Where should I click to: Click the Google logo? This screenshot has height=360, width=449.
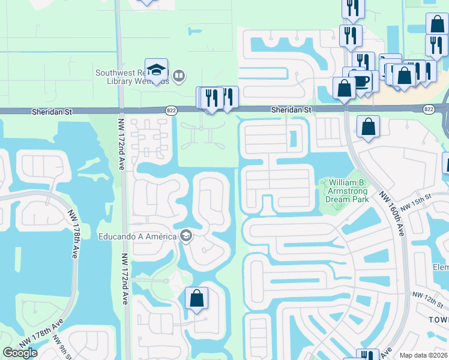tap(20, 353)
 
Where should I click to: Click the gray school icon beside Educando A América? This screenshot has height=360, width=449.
tap(185, 236)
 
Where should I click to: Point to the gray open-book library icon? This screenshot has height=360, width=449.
tap(178, 76)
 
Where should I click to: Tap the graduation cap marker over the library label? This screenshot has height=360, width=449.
tap(156, 70)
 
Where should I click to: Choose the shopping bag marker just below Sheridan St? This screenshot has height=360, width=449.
tap(368, 127)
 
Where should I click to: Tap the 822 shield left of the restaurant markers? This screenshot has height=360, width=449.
tap(171, 110)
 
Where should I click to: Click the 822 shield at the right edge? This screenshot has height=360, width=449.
tap(428, 109)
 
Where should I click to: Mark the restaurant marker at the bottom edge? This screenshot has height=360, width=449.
tap(367, 355)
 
